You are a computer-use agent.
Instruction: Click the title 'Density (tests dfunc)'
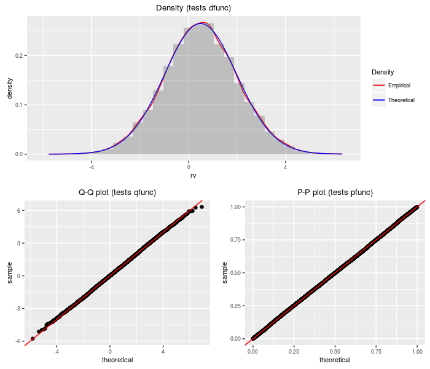click(193, 7)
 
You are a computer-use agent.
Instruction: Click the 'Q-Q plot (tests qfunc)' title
click(117, 192)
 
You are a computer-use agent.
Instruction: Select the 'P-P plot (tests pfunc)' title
click(335, 192)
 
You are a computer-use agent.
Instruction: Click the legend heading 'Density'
click(383, 73)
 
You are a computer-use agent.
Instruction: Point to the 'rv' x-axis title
click(193, 175)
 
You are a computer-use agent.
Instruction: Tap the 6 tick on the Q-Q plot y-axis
click(20, 210)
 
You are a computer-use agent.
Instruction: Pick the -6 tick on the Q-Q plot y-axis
click(19, 341)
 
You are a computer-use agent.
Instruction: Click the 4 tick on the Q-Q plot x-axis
click(163, 352)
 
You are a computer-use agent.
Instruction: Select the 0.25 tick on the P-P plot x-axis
click(294, 352)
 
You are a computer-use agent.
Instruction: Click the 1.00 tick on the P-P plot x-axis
click(417, 352)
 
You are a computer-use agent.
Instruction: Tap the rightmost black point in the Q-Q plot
click(201, 207)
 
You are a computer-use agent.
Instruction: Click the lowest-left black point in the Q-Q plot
click(33, 338)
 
